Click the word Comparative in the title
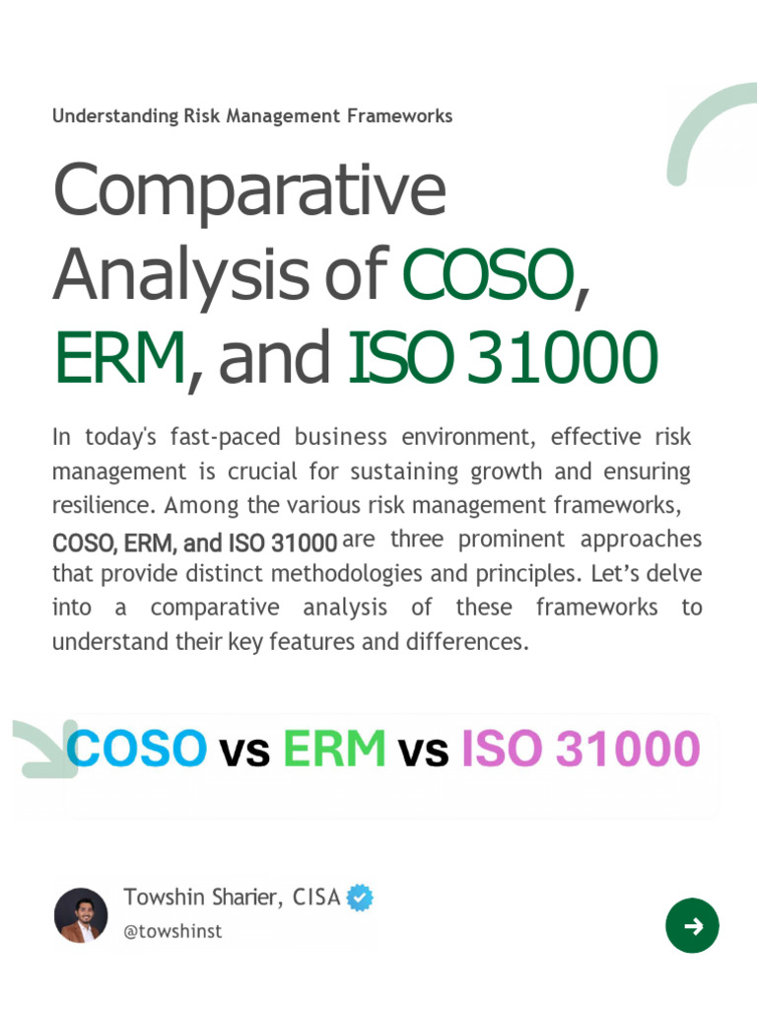tap(248, 190)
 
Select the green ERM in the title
tap(118, 357)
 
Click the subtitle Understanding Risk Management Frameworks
tap(252, 116)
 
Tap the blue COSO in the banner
tap(137, 749)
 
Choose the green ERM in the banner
tap(334, 749)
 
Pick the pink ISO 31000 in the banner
tap(581, 749)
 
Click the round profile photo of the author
tap(81, 914)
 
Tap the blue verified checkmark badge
tap(360, 898)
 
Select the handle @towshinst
tap(172, 931)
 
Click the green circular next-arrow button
tap(692, 925)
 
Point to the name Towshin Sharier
tap(204, 898)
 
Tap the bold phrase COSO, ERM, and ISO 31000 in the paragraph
tap(194, 542)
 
